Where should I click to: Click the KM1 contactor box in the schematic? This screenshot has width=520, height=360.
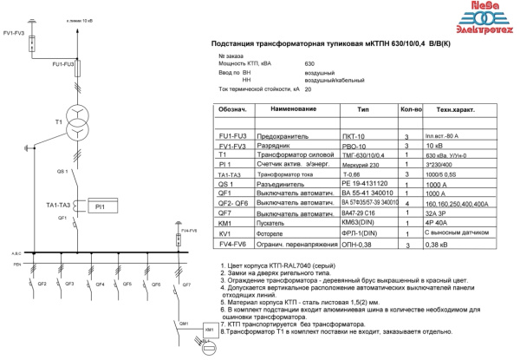(208, 331)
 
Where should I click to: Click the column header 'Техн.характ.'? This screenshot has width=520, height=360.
(454, 111)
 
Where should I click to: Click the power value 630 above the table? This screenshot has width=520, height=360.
(309, 64)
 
